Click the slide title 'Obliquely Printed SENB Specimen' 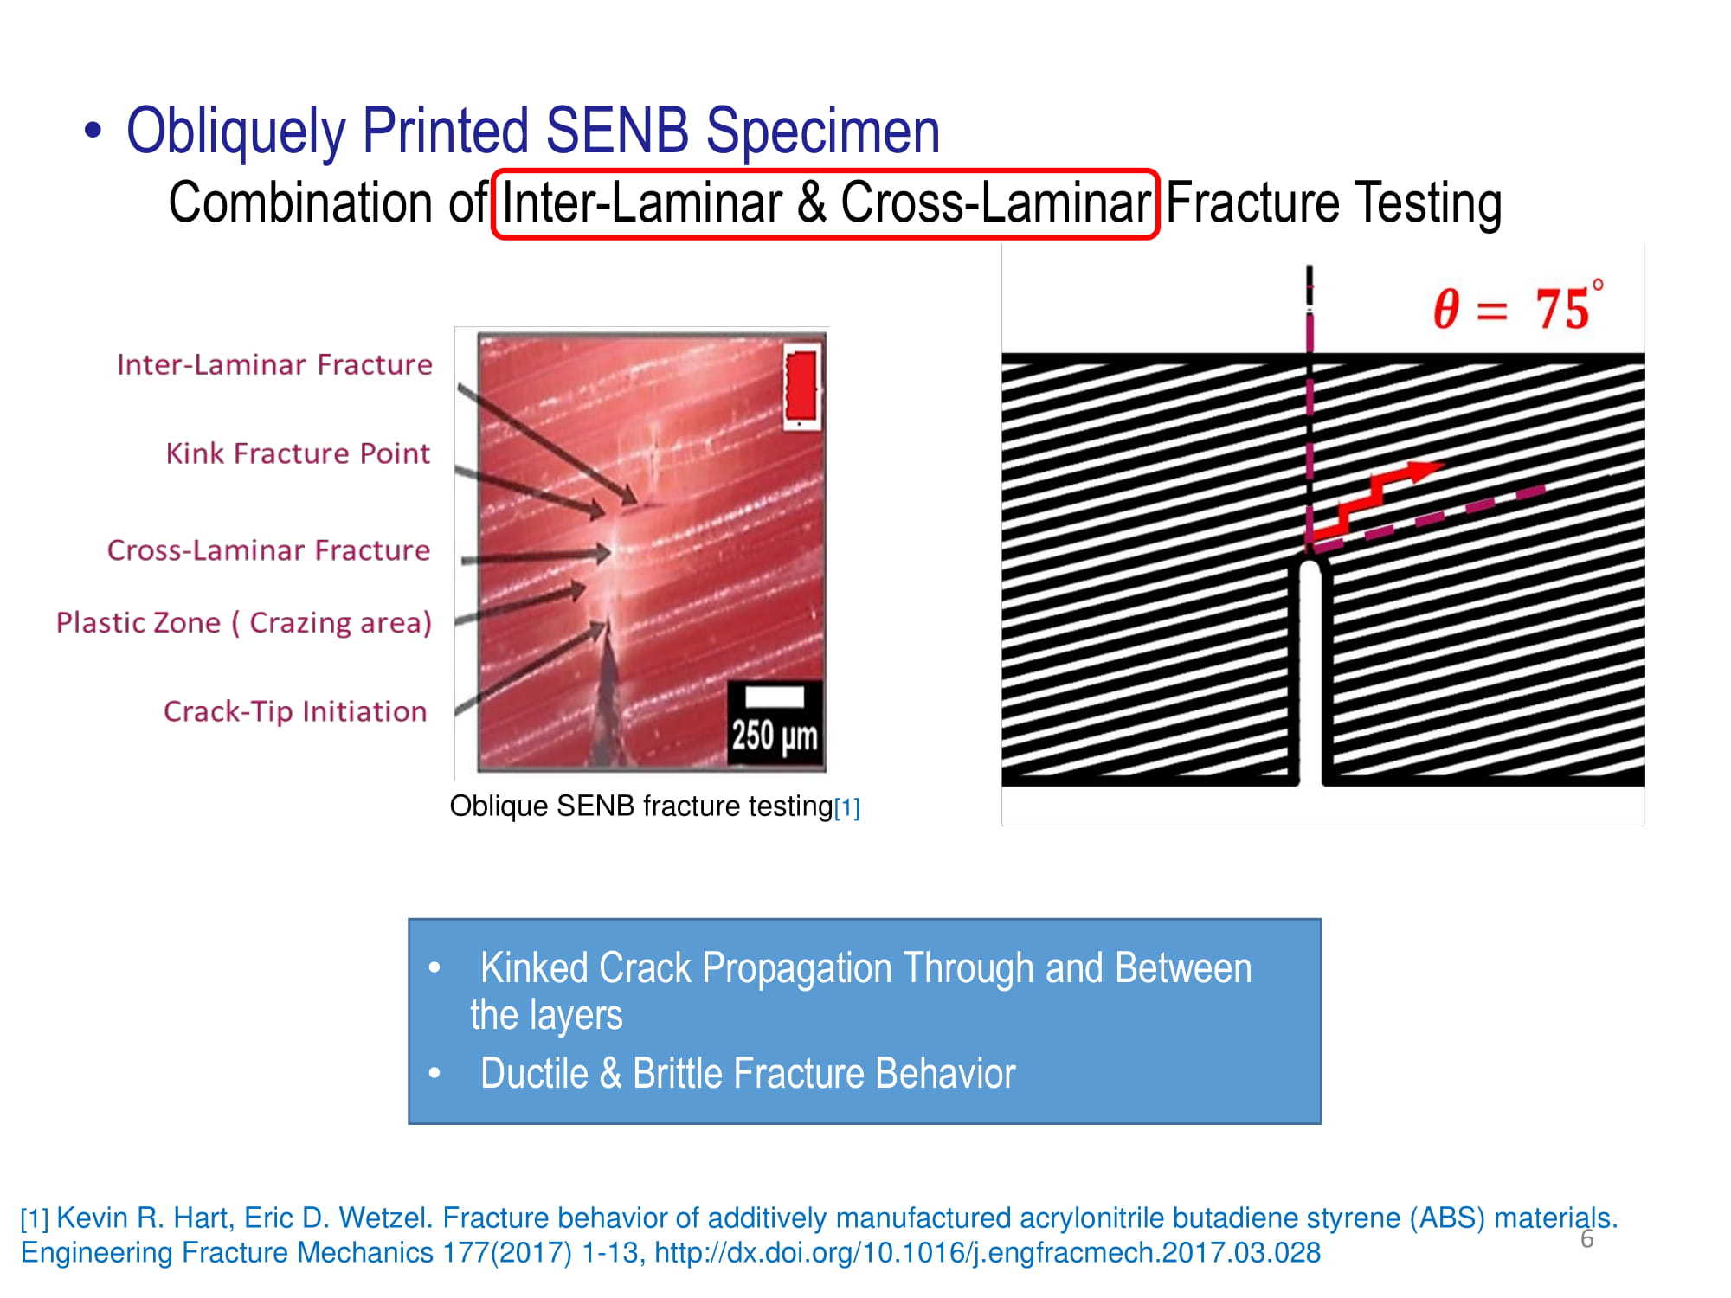[x=533, y=132]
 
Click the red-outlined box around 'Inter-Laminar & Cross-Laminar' [x=825, y=171]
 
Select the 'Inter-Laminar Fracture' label [x=274, y=364]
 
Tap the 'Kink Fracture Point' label [x=298, y=453]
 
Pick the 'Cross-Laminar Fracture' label [x=268, y=550]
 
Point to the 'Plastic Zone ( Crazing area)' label [x=244, y=623]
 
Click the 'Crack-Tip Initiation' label [x=295, y=711]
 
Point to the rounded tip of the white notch [x=1311, y=564]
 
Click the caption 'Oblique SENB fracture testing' [x=641, y=806]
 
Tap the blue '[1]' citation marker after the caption [x=847, y=808]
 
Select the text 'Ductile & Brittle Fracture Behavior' [x=748, y=1074]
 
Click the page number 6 [x=1587, y=1239]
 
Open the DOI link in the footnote [x=988, y=1253]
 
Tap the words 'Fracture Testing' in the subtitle [x=1334, y=202]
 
